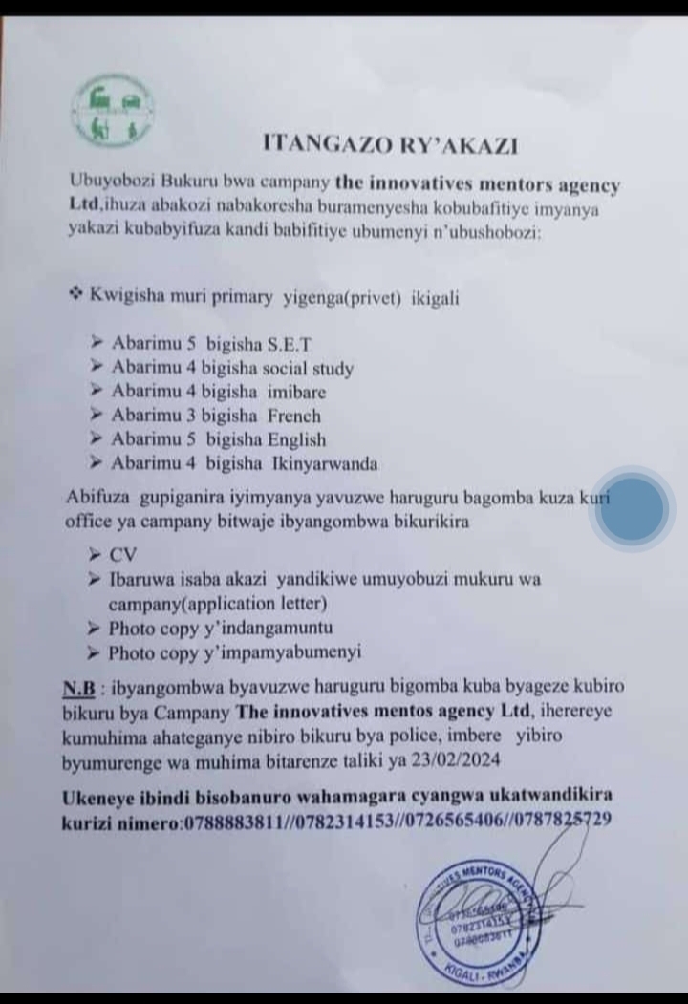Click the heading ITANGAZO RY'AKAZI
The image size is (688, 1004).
click(x=391, y=144)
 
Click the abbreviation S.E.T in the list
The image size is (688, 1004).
click(x=286, y=343)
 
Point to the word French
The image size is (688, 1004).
click(x=294, y=417)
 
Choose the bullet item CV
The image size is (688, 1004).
click(x=123, y=554)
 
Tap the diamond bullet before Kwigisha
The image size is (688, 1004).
click(x=76, y=295)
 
